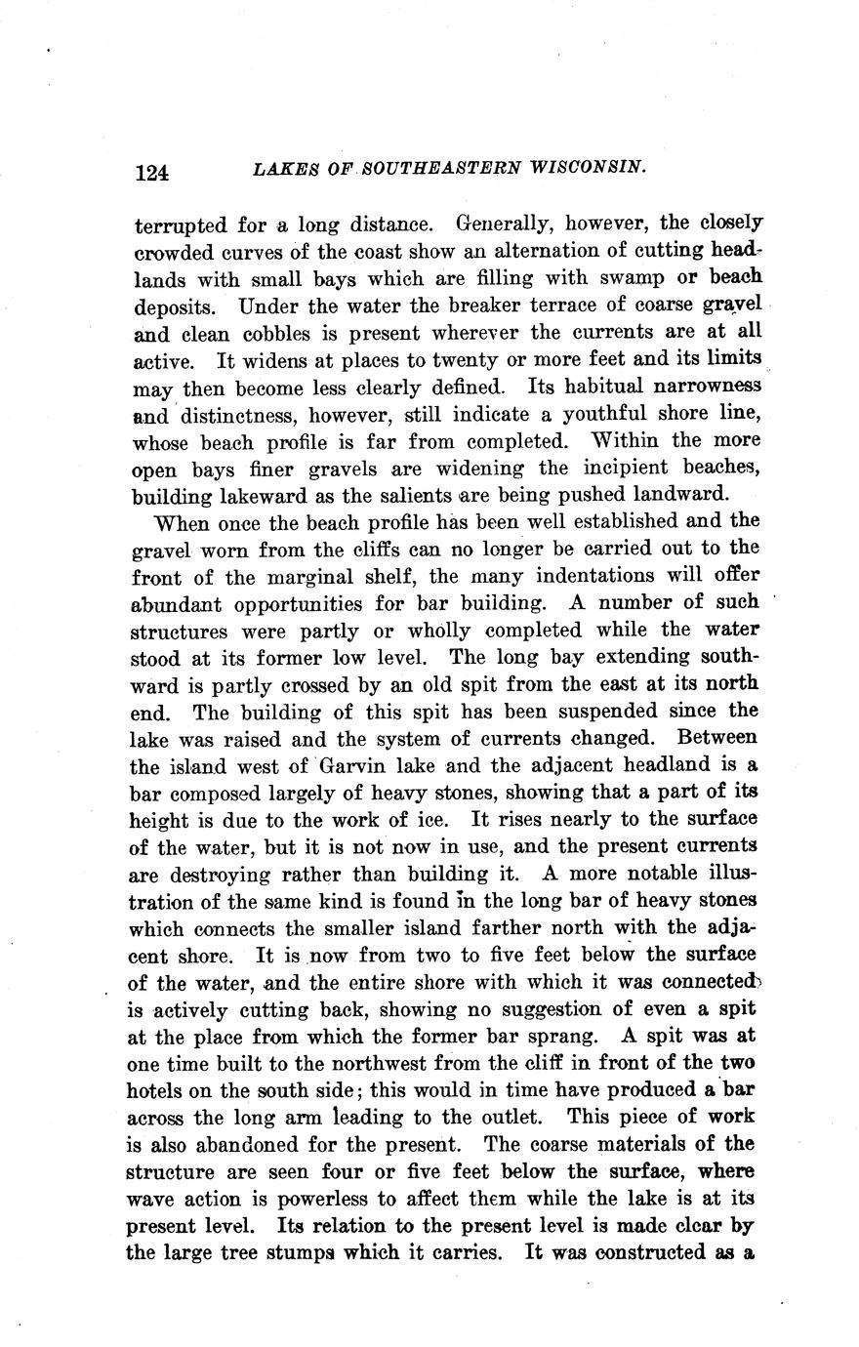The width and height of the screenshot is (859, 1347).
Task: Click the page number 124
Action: click(x=152, y=173)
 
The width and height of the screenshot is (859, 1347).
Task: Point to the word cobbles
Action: click(x=243, y=333)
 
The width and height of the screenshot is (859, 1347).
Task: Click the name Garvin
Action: click(x=363, y=765)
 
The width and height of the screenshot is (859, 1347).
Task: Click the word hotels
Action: click(x=158, y=1090)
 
